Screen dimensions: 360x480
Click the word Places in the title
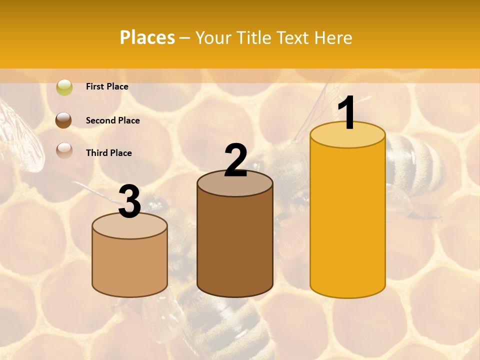(x=147, y=37)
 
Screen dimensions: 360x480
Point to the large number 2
(x=236, y=160)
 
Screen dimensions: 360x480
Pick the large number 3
(x=130, y=202)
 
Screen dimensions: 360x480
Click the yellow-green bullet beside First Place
(x=64, y=87)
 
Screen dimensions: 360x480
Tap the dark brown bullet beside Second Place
(x=64, y=120)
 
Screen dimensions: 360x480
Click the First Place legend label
(x=107, y=86)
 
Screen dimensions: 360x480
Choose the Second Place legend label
(x=112, y=120)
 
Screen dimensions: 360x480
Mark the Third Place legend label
(x=108, y=153)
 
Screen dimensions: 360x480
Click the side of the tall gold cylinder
(x=347, y=220)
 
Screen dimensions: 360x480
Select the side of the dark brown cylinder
(x=235, y=245)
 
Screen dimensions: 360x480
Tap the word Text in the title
(x=294, y=37)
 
